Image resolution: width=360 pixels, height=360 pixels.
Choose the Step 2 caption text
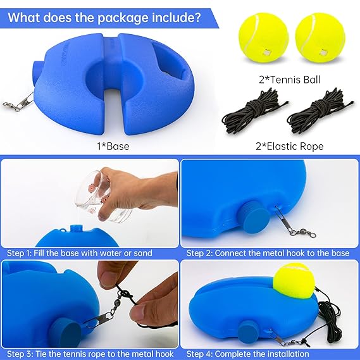[268, 253]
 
